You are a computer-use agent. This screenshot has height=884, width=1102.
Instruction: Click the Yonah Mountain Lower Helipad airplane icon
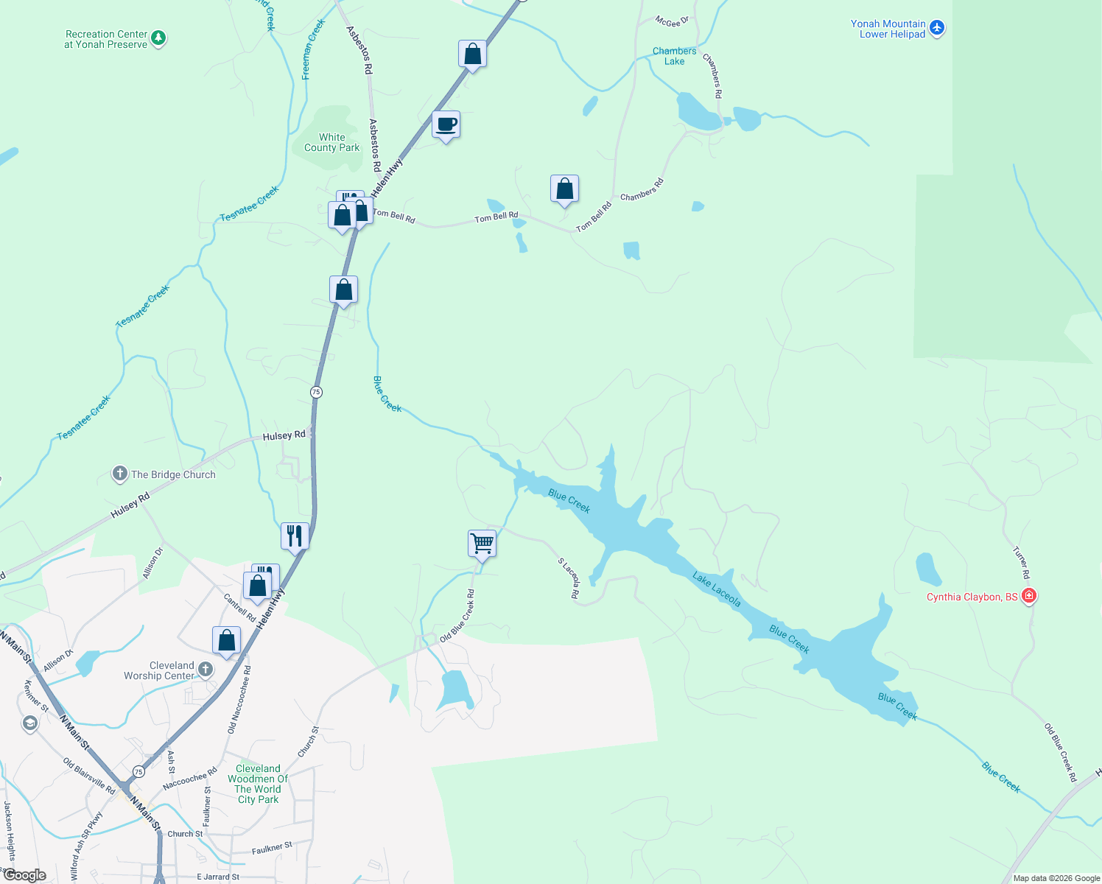[x=936, y=28]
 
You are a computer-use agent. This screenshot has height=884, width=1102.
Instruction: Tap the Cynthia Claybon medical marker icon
[x=1029, y=596]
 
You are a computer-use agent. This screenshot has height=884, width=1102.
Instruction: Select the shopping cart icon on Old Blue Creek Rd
[x=482, y=544]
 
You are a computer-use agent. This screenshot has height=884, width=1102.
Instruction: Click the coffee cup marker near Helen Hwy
[x=446, y=124]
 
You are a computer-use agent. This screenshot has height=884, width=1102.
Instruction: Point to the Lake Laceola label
[x=716, y=589]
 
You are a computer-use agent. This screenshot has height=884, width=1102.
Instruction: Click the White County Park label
[x=331, y=142]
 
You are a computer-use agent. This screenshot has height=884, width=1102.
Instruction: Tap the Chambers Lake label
[x=674, y=56]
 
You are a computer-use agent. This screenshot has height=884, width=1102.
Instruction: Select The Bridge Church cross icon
[x=120, y=474]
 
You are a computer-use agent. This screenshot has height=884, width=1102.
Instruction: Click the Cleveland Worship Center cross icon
[x=206, y=669]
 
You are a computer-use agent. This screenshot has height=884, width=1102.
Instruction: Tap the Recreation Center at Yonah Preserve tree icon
[x=158, y=38]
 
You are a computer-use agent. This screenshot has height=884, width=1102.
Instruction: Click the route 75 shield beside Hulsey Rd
[x=316, y=392]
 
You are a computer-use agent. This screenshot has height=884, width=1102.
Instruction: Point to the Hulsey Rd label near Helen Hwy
[x=284, y=436]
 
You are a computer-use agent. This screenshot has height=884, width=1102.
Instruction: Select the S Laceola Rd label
[x=568, y=578]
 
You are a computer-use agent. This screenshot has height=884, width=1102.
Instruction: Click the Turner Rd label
[x=1020, y=562]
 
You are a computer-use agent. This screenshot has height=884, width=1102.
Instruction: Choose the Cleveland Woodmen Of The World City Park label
[x=258, y=784]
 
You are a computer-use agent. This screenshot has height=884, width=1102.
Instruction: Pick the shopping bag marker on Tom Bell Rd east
[x=564, y=189]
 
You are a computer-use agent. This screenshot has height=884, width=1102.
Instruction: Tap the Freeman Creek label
[x=313, y=50]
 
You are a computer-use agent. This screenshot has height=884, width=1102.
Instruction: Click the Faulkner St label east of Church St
[x=272, y=848]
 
